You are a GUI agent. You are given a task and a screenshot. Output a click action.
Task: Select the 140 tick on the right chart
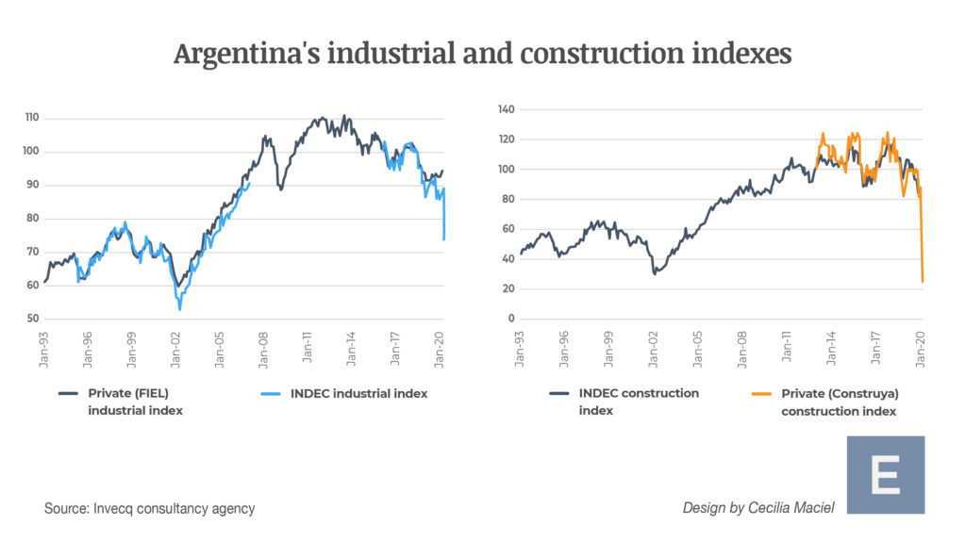pyautogui.click(x=506, y=109)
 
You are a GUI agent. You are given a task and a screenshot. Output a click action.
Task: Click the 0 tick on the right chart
pyautogui.click(x=510, y=319)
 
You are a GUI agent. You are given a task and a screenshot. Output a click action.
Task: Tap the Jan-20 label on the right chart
pyautogui.click(x=922, y=349)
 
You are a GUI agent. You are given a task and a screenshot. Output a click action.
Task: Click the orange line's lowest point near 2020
pyautogui.click(x=922, y=281)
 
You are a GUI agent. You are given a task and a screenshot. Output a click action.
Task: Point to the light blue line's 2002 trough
pyautogui.click(x=179, y=309)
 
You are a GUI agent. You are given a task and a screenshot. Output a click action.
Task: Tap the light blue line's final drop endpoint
pyautogui.click(x=443, y=239)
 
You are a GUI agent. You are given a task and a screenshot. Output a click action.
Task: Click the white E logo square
pyautogui.click(x=885, y=475)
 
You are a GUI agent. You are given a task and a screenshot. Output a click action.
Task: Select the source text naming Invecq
pyautogui.click(x=149, y=509)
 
